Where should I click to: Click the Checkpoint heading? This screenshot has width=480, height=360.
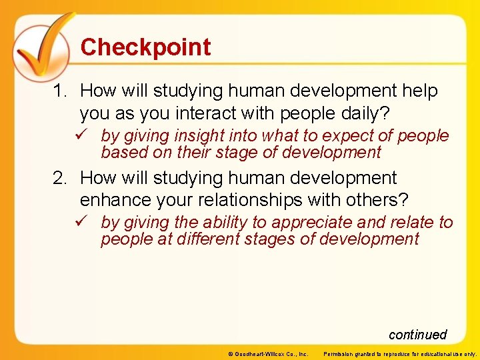[x=145, y=47]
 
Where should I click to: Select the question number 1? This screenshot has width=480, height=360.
[x=60, y=91]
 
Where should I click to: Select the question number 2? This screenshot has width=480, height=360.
[x=60, y=179]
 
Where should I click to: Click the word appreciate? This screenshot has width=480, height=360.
[x=315, y=223]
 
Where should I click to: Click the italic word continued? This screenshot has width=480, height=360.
[x=417, y=335]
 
